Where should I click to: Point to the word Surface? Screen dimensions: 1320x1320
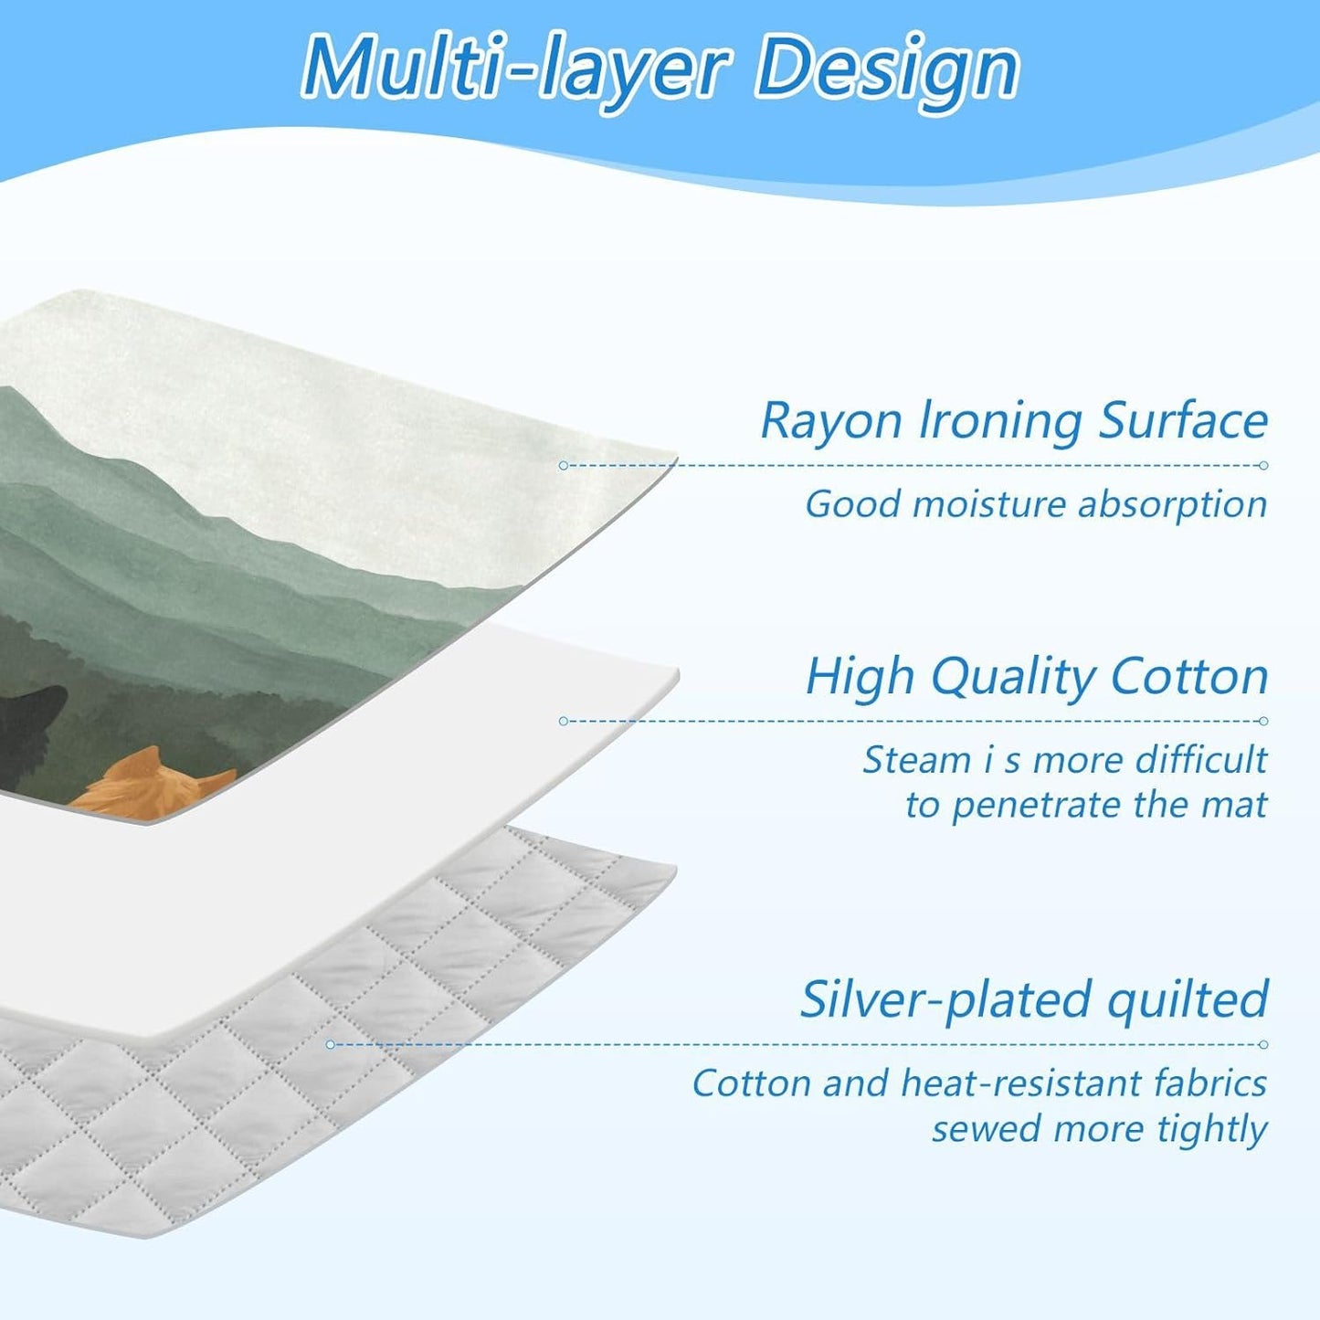(x=1183, y=422)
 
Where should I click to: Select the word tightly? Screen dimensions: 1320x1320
(x=1212, y=1131)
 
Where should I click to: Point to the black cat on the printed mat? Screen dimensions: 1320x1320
(x=32, y=731)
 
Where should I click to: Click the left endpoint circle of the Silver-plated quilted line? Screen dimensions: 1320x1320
(x=331, y=1044)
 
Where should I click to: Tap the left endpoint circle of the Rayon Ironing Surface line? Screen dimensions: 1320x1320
(x=563, y=466)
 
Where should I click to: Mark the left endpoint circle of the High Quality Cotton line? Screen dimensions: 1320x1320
(x=563, y=721)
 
